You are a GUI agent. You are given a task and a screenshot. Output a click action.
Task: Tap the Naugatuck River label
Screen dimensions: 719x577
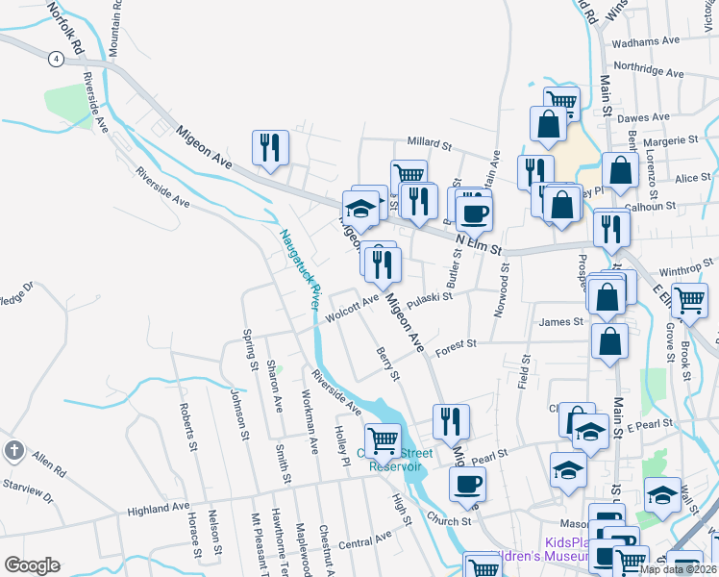pyautogui.click(x=298, y=268)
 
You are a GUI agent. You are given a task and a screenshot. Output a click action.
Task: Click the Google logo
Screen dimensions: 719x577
pyautogui.click(x=32, y=565)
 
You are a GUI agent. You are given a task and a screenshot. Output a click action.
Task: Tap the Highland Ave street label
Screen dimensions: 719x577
pyautogui.click(x=159, y=507)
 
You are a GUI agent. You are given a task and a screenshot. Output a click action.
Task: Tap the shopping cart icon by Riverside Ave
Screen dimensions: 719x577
pyautogui.click(x=384, y=439)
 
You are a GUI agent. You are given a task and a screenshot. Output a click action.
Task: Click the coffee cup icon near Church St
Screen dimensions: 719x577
pyautogui.click(x=468, y=483)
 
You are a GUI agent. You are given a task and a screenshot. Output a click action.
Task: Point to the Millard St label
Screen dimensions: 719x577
pyautogui.click(x=429, y=144)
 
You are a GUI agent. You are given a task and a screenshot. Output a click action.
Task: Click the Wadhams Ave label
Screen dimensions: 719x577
pyautogui.click(x=652, y=41)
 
